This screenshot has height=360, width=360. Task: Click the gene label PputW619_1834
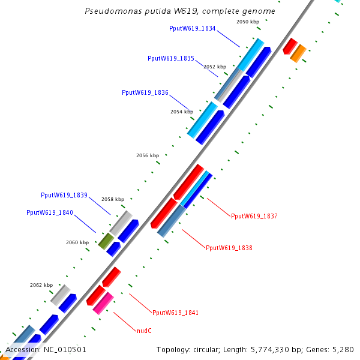click(193, 28)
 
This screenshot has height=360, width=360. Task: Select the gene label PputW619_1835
click(171, 59)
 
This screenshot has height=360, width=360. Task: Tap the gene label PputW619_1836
click(145, 93)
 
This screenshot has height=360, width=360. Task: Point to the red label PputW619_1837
click(254, 216)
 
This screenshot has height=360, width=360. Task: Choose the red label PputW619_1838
click(229, 248)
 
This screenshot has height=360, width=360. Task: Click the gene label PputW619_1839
click(64, 195)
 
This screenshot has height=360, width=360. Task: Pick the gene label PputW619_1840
click(50, 212)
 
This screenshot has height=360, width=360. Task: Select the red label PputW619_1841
click(175, 313)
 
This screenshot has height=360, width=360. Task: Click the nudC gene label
click(144, 330)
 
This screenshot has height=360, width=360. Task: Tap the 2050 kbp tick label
click(248, 22)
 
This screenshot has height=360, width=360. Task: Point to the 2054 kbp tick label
click(182, 112)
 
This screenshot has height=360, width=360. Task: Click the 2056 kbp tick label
click(148, 155)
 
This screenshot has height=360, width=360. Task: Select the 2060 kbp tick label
click(77, 242)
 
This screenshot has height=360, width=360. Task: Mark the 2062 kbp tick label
click(41, 285)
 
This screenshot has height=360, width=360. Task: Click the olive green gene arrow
click(106, 241)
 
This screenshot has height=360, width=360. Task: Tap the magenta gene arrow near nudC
click(103, 303)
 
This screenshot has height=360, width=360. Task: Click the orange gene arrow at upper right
click(298, 53)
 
